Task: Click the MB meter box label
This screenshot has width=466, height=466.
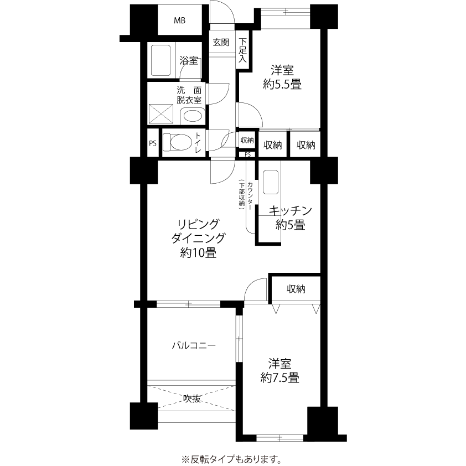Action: pos(179,20)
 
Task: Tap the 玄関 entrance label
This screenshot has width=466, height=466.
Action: pos(221,43)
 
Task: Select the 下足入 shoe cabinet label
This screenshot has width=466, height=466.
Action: pos(243,50)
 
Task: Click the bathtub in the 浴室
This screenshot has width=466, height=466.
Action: pos(161,60)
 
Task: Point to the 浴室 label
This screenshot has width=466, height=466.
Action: pos(189,61)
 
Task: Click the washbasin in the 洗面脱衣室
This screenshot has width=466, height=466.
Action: pos(192,116)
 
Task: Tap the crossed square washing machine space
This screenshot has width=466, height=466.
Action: pos(161,113)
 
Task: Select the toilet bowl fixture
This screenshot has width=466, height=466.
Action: pos(178,142)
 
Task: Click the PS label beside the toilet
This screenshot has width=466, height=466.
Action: pos(153,143)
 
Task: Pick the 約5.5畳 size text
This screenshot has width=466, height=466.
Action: pos(282,85)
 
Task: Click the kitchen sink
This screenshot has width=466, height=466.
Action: pos(271,182)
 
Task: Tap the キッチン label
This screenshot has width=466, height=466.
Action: pos(290,211)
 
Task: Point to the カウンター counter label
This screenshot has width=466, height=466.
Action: pos(250,196)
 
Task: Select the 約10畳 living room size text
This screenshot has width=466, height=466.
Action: pos(198,253)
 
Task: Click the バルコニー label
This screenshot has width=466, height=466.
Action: pos(194,345)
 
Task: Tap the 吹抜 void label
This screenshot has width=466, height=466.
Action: pos(191,398)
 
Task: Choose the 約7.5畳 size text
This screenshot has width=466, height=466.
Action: pos(279,378)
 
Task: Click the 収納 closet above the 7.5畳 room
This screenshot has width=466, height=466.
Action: pos(296,289)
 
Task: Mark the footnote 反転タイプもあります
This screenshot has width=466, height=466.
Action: pos(231,459)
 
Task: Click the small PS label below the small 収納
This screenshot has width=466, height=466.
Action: pos(247,154)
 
